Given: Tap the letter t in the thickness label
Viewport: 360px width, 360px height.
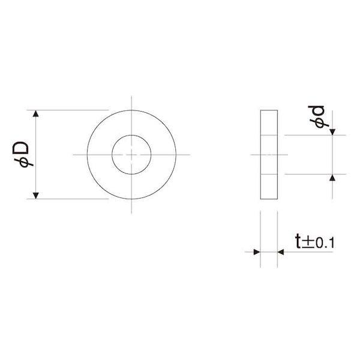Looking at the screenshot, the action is pos(298,241).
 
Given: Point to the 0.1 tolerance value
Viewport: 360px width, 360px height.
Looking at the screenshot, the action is pos(325,244).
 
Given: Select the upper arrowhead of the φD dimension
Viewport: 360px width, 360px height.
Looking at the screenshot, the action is pos(35,113).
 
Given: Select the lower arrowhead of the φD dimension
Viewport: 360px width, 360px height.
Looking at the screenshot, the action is pos(35,196).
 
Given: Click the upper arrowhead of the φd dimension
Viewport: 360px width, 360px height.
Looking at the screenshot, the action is pos(332,132).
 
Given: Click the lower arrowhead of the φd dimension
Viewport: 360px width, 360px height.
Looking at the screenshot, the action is pos(332,178).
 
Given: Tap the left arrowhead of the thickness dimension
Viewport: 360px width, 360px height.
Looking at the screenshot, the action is pos(257,252).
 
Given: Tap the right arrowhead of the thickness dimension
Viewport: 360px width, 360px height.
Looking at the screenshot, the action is pos(281,252).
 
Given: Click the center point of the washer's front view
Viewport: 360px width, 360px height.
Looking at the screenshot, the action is pos(131,155).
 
